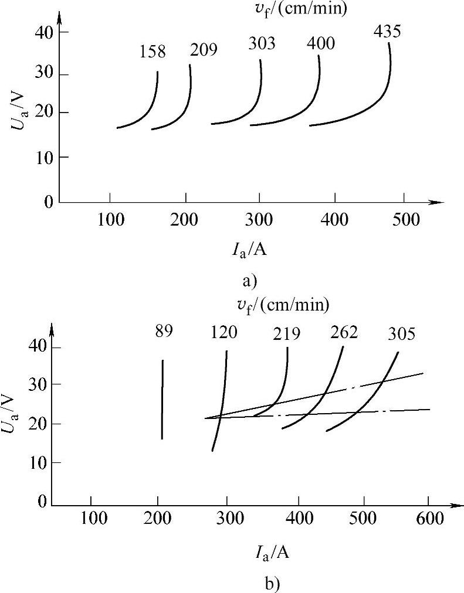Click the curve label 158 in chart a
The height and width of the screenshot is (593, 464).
click(153, 52)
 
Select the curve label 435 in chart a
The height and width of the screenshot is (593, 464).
click(387, 31)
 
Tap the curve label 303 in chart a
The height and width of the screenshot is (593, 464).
click(262, 44)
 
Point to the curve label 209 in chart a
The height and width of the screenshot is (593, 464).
click(204, 50)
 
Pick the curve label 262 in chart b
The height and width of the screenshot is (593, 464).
click(344, 332)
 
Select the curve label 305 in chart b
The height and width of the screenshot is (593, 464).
click(401, 334)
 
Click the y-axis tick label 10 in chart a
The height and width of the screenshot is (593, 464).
click(46, 157)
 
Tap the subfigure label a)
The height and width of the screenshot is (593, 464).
click(249, 281)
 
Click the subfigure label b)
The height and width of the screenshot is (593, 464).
click(249, 584)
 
